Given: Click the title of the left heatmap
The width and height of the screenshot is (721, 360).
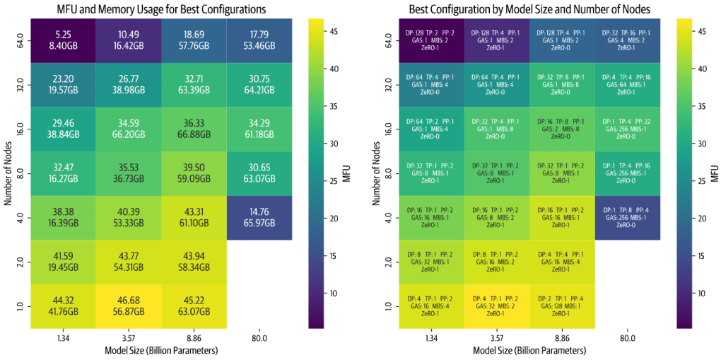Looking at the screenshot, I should pos(162,9).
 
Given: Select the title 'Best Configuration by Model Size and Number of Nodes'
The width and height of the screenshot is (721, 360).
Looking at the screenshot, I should pos(529,9).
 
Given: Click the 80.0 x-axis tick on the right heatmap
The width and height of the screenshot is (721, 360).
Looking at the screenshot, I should pos(626,339).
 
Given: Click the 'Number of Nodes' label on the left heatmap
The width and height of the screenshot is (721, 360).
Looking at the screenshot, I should pos(9,173).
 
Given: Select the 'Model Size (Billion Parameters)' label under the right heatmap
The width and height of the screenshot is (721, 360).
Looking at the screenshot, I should pos(530,350).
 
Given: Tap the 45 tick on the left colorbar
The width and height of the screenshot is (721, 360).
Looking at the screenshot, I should pos(334,31).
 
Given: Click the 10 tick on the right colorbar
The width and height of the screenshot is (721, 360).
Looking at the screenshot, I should pos(701,292).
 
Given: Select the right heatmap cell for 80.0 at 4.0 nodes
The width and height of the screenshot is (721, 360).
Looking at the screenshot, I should pos(626,217).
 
